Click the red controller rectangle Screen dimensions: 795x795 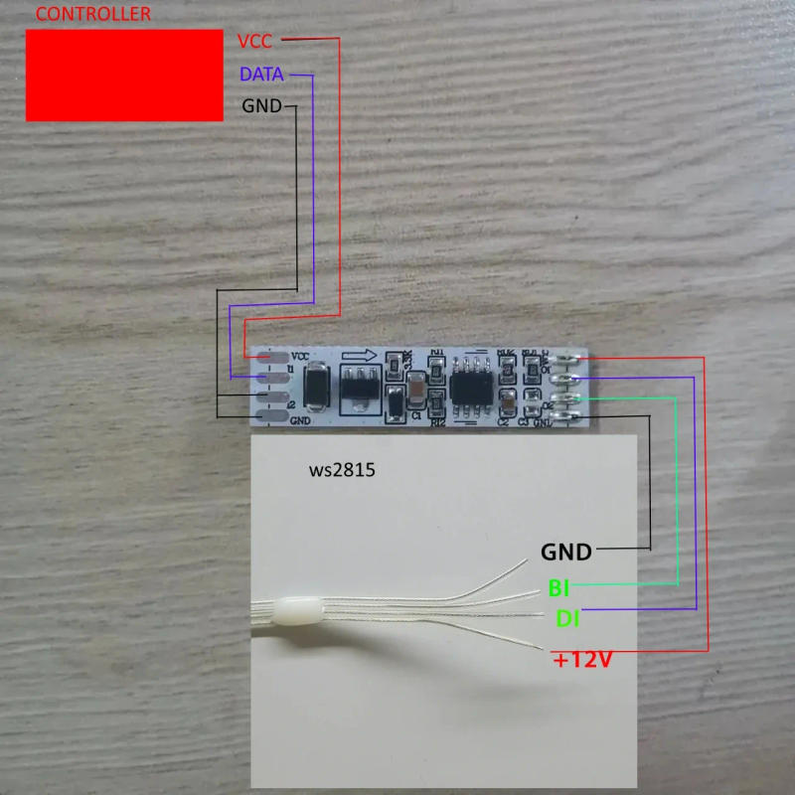[124, 75]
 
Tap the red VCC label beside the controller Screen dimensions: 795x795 [255, 41]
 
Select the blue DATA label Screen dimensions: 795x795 [261, 74]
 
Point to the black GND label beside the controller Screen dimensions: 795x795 [262, 105]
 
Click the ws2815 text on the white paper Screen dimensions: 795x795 [342, 471]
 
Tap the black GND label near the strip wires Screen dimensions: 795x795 [565, 552]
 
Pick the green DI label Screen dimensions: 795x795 [567, 619]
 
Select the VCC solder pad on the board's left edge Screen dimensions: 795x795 [271, 356]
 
